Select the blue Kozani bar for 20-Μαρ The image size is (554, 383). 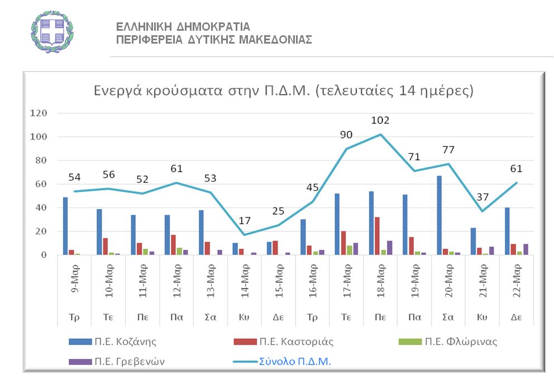click(440, 215)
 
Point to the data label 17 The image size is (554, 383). click(243, 221)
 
